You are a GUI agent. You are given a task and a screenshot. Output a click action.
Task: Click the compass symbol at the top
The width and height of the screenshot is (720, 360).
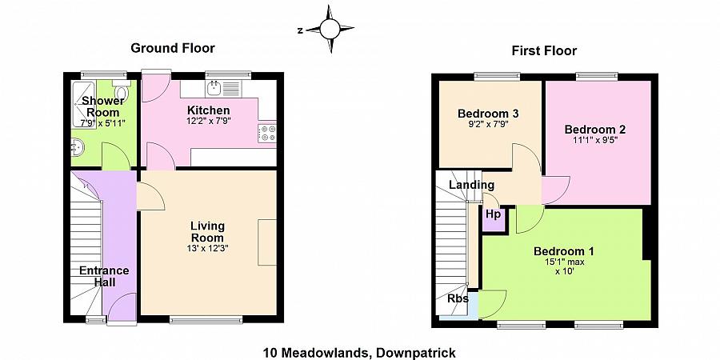(x=329, y=30)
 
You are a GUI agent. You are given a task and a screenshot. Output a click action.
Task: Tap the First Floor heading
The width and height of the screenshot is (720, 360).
(x=544, y=51)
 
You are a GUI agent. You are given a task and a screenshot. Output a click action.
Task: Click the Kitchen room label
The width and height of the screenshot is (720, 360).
(x=209, y=110)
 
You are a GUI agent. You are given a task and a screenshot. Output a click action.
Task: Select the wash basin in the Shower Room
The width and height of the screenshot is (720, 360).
(x=77, y=147)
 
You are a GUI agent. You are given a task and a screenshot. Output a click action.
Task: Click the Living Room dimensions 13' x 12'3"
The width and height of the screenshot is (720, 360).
(x=207, y=248)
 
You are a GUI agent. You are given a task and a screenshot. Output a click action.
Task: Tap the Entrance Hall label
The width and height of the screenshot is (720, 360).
(x=103, y=276)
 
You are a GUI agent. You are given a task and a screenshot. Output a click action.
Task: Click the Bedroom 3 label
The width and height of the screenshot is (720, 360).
(x=488, y=114)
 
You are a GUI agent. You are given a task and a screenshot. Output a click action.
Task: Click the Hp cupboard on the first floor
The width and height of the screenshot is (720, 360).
(x=494, y=216)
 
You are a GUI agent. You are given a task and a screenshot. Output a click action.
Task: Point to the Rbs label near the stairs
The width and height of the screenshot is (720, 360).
(x=458, y=299)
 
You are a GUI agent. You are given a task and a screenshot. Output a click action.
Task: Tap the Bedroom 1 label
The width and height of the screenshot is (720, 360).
(x=563, y=251)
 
